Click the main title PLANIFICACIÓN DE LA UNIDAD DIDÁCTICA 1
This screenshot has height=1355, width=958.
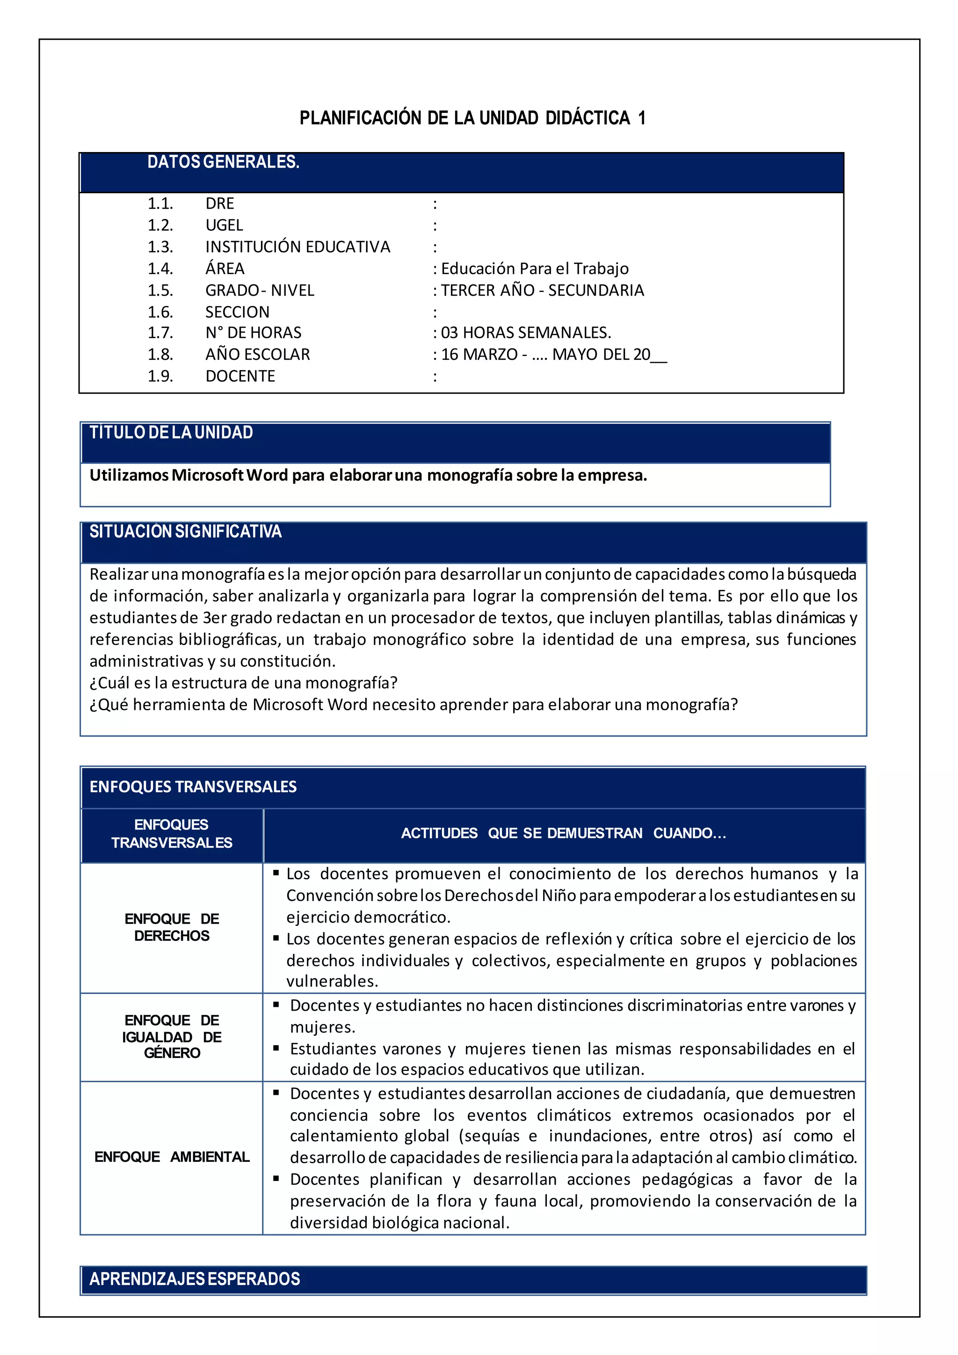472,118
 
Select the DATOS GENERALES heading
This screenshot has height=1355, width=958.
223,162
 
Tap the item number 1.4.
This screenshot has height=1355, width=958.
160,269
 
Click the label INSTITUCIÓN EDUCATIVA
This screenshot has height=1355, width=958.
298,247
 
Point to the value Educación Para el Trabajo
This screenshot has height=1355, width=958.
535,269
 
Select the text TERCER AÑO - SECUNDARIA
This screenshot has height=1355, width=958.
542,291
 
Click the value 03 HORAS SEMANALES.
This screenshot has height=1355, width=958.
526,333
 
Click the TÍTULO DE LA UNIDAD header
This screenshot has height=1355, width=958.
171,433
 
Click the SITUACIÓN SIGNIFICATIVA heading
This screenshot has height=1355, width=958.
185,532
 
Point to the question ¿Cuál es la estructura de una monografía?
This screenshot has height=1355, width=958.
243,683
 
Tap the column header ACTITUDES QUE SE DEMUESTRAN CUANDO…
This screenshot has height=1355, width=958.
563,833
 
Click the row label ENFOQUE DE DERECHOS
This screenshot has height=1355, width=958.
172,927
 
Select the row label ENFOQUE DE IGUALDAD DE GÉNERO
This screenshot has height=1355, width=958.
172,1036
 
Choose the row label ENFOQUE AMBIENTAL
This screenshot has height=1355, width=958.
172,1157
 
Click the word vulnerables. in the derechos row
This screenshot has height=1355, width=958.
332,982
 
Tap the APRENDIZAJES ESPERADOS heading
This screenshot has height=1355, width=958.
195,1279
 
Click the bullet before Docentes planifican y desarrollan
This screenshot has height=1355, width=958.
276,1179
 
